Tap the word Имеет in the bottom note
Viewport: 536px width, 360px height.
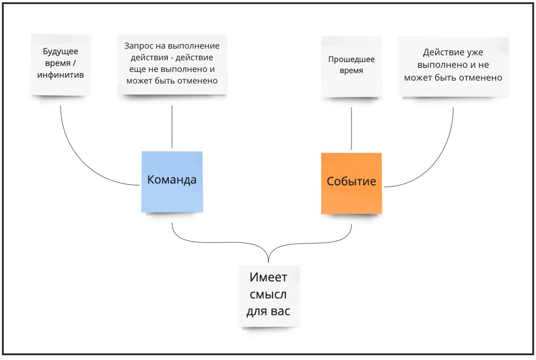point(268,277)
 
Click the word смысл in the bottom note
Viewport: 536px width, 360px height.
point(268,295)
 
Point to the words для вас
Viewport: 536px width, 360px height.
point(268,312)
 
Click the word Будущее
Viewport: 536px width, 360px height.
point(61,52)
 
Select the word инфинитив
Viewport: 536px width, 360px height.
point(61,75)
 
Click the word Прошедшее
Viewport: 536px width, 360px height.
point(351,60)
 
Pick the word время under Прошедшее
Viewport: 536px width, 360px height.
point(351,71)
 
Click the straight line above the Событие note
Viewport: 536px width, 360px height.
point(351,128)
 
